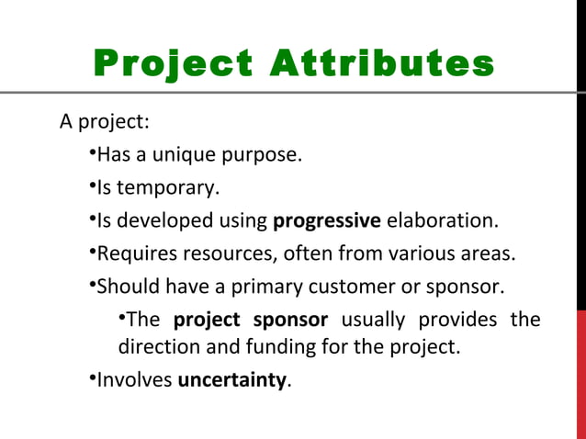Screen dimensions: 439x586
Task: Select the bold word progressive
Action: (x=327, y=220)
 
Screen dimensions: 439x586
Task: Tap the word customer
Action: (x=348, y=286)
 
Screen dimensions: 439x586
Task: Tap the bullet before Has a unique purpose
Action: (x=93, y=152)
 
